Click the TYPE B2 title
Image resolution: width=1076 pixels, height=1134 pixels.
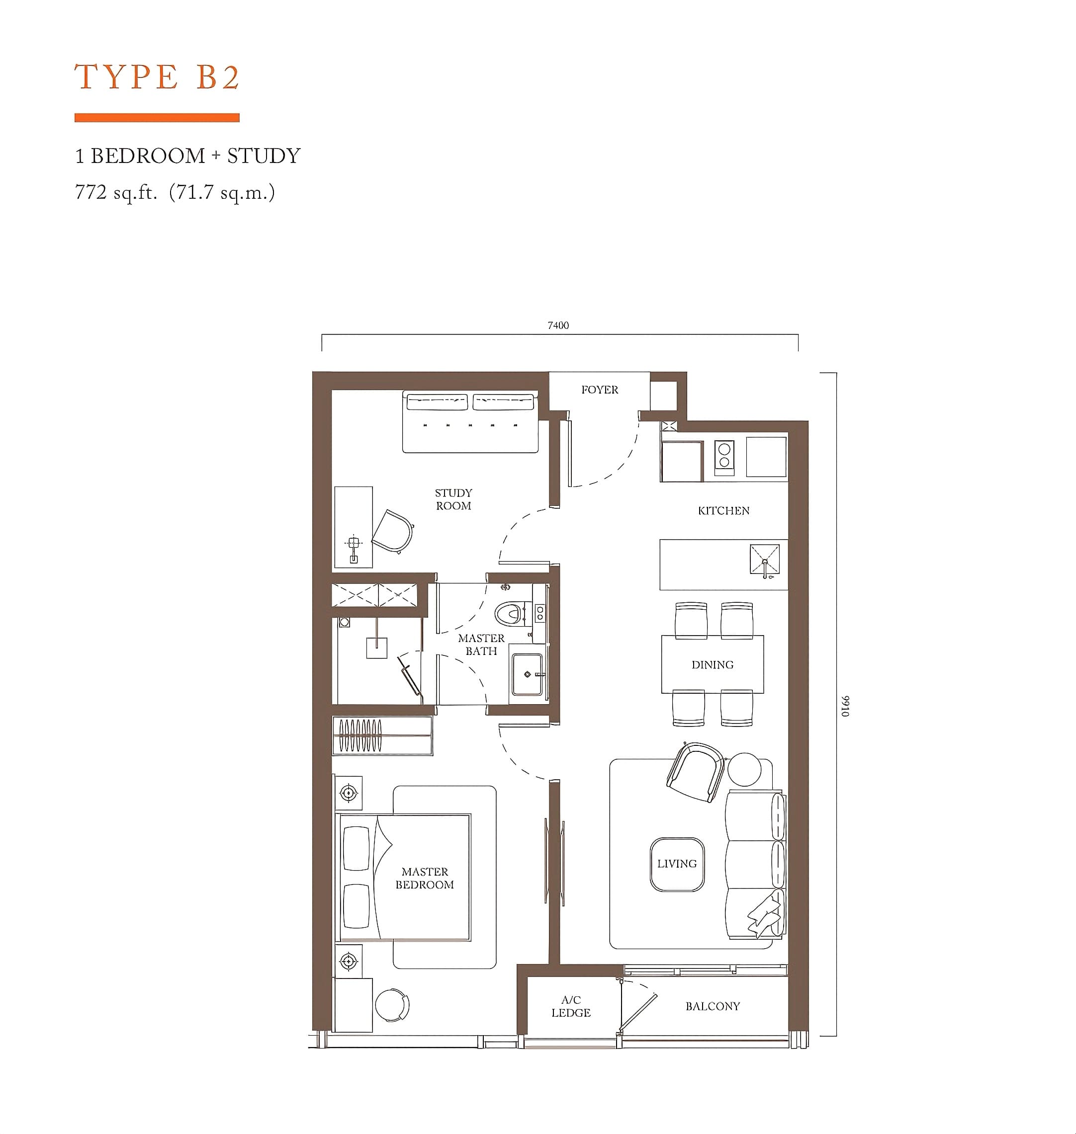pyautogui.click(x=157, y=77)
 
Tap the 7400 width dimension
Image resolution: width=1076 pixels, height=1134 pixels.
pyautogui.click(x=558, y=325)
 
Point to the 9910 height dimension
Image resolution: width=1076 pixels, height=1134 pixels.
pyautogui.click(x=845, y=706)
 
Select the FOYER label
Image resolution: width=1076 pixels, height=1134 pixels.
pyautogui.click(x=599, y=390)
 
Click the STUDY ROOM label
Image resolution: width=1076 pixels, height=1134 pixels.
pyautogui.click(x=453, y=499)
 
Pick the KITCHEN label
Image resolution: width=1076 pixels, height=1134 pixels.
pyautogui.click(x=723, y=511)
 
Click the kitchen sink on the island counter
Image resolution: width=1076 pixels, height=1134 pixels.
pyautogui.click(x=765, y=560)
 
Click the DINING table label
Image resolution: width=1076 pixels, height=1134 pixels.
pyautogui.click(x=713, y=665)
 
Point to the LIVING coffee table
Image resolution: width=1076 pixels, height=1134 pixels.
pyautogui.click(x=677, y=864)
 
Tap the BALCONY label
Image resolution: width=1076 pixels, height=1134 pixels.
pyautogui.click(x=713, y=1006)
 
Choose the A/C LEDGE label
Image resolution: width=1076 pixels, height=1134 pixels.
pyautogui.click(x=571, y=1006)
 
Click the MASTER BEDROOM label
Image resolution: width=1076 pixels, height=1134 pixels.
pyautogui.click(x=425, y=878)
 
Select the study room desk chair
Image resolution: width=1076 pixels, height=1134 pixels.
pyautogui.click(x=393, y=531)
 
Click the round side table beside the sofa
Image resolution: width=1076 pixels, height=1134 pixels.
pyautogui.click(x=744, y=769)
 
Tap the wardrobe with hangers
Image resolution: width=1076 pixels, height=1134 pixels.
pyautogui.click(x=382, y=735)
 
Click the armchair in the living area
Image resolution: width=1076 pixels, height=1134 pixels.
pyautogui.click(x=695, y=772)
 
